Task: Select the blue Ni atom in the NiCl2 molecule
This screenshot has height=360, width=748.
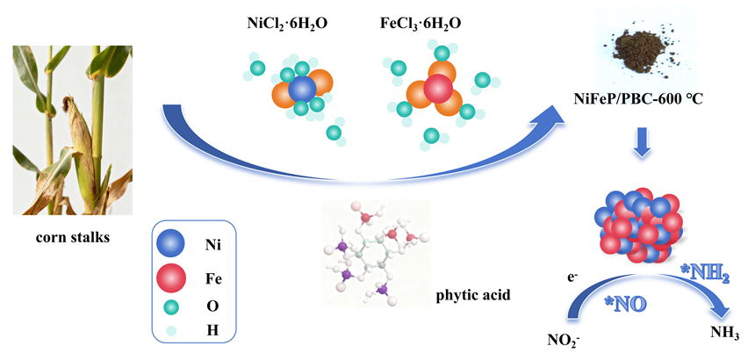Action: tap(302, 88)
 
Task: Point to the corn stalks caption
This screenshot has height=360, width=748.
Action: tap(72, 237)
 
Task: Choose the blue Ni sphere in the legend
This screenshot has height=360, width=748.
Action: tap(171, 244)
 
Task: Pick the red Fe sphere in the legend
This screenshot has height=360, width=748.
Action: tap(171, 277)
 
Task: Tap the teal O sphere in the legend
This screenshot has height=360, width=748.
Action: tap(171, 306)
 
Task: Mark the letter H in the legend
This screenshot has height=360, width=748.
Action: tap(212, 330)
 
